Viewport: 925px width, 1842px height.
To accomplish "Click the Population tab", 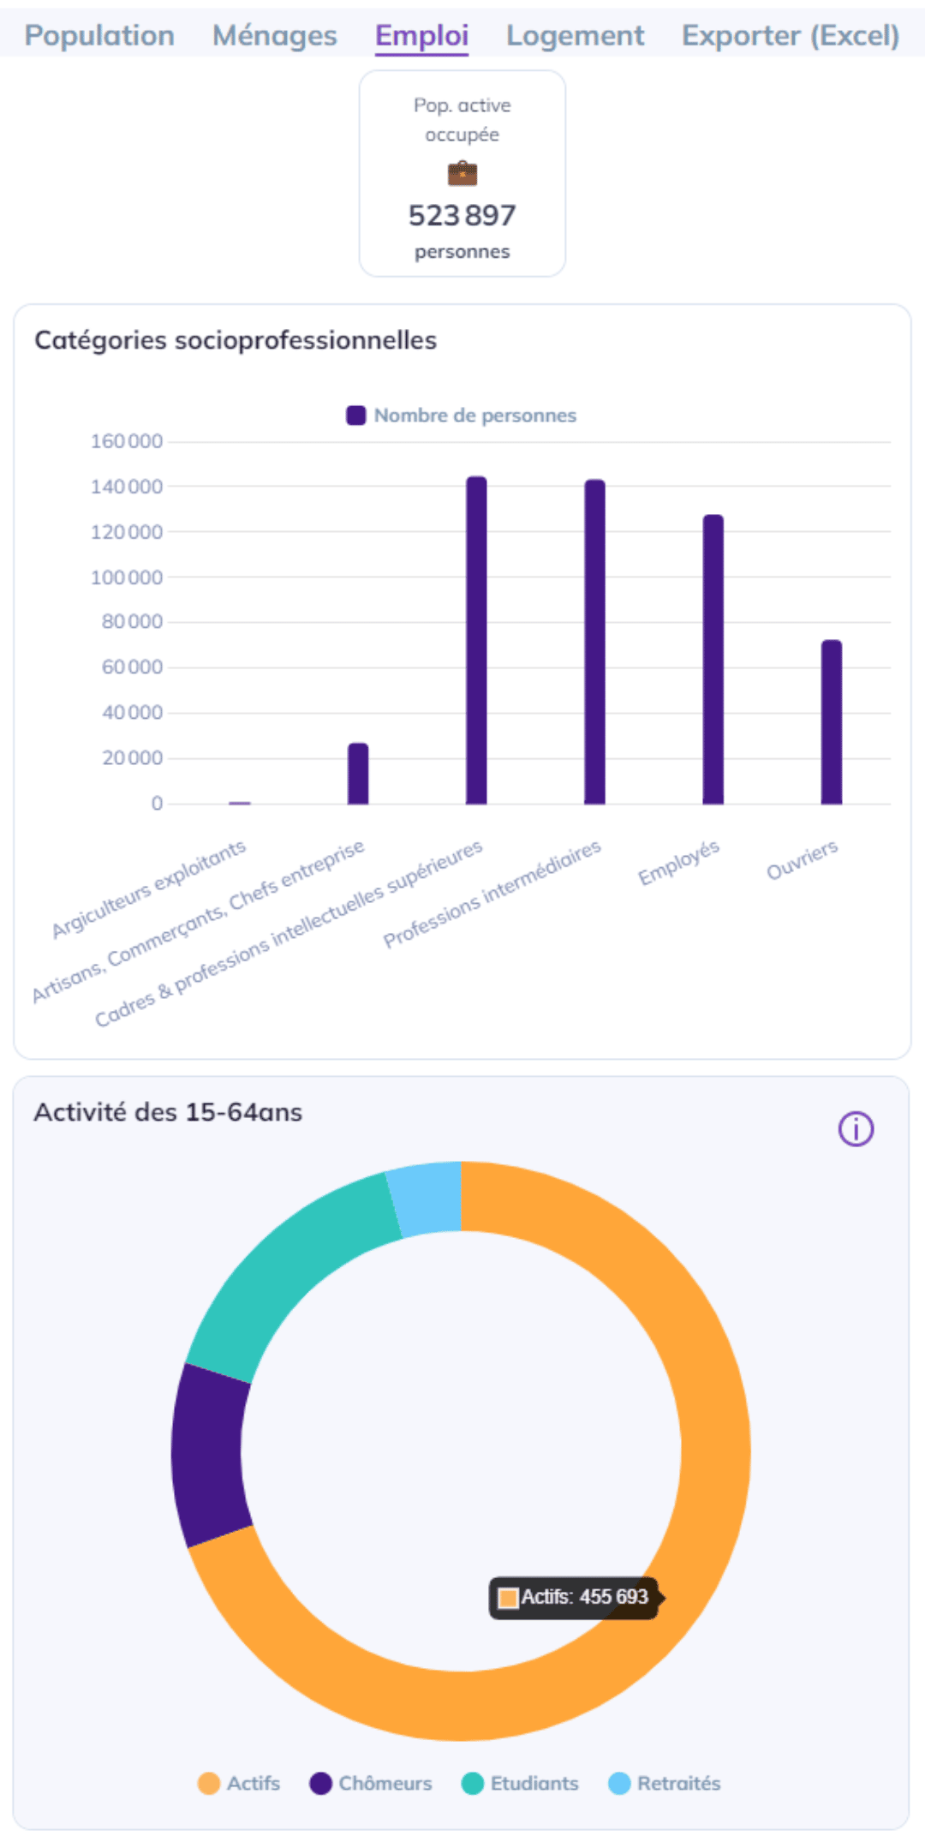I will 99,36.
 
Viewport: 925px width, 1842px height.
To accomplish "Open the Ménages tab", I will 274,36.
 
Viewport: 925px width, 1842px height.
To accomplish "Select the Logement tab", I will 575,36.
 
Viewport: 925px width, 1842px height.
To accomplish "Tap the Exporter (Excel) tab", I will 790,36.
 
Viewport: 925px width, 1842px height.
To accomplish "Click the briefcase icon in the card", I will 462,174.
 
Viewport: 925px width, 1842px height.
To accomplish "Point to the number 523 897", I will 462,215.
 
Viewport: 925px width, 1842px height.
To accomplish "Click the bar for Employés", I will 713,660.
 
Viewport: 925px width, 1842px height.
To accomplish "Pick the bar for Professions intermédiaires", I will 594,643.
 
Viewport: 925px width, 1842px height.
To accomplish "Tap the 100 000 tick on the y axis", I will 127,577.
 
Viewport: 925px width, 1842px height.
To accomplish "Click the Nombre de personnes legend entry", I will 462,416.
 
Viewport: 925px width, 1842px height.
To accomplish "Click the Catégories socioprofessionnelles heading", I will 236,340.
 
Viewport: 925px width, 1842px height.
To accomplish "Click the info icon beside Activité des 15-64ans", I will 856,1129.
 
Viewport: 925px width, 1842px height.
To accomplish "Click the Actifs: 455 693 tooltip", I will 574,1598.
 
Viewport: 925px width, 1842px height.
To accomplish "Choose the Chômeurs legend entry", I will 371,1783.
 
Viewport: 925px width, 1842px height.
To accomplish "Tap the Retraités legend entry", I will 665,1783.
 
